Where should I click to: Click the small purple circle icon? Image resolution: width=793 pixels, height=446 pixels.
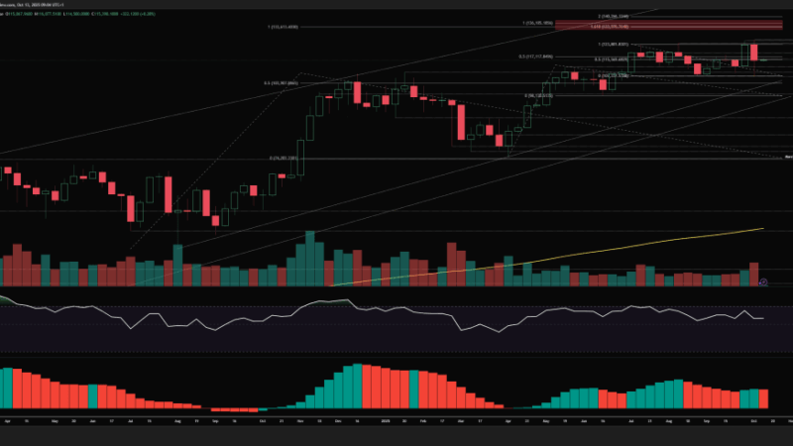tap(762, 282)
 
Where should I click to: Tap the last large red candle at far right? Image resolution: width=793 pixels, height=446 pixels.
tap(753, 53)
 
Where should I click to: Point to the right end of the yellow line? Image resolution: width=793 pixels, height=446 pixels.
tap(763, 229)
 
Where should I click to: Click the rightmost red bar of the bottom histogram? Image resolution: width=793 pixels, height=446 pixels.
tap(763, 398)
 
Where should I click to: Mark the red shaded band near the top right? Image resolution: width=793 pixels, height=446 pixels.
tap(684, 27)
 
